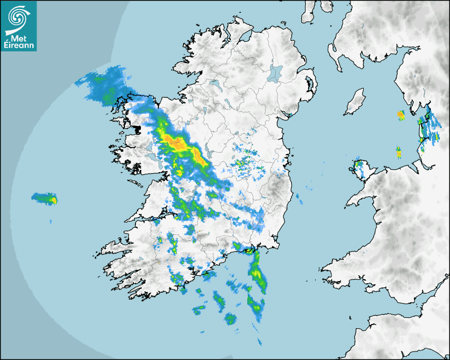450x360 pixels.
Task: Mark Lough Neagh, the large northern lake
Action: (275, 73)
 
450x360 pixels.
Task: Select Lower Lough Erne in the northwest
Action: (214, 84)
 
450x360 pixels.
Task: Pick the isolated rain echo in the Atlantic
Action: (46, 199)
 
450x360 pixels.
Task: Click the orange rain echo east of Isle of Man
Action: (400, 114)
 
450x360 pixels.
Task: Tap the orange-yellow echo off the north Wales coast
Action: (399, 152)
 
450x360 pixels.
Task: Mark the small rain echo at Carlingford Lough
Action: (289, 114)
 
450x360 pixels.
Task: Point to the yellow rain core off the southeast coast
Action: (257, 273)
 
